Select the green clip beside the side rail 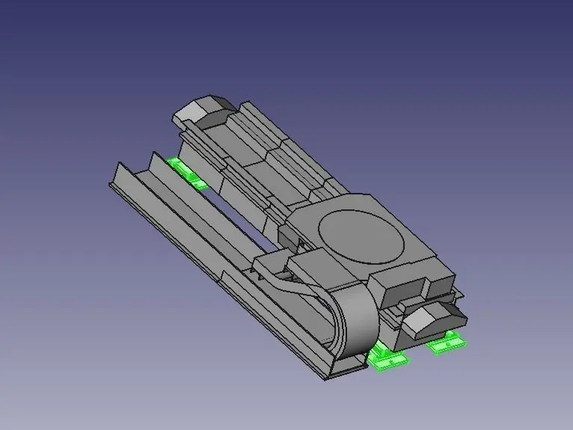[186, 172]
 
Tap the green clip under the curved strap [386, 358]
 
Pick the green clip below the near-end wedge [447, 343]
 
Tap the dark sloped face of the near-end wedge [447, 315]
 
